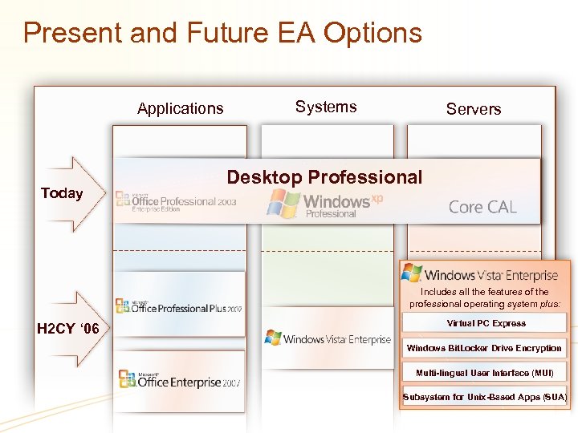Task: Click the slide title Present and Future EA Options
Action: pos(222,33)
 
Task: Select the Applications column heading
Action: pos(180,108)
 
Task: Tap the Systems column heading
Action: pos(326,107)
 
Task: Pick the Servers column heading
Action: pos(473,109)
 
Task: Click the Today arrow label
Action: pos(62,192)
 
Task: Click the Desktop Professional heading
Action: pos(324,177)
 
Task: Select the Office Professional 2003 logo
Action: pos(177,201)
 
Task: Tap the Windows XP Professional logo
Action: pos(325,204)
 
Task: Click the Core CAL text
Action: pos(482,207)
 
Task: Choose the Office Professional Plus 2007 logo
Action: pos(178,306)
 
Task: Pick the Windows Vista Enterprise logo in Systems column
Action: pos(328,339)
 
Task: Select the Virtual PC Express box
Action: pos(486,323)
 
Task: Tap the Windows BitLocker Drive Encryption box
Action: pos(484,348)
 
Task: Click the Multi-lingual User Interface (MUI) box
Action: pos(484,373)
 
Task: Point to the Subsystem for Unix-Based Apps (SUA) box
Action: pos(484,397)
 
